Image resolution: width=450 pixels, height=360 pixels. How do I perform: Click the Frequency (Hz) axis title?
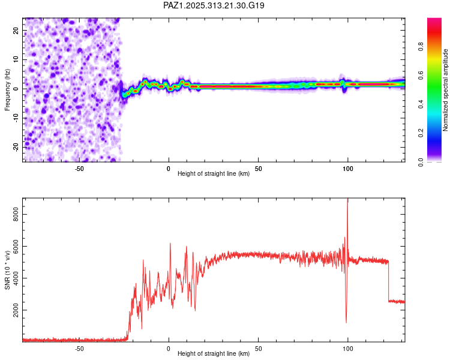point(7,90)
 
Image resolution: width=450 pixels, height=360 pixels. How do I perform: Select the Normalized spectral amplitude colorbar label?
point(446,90)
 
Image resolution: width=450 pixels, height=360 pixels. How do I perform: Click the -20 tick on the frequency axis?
point(16,146)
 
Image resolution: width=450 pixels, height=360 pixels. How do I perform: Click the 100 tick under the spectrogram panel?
point(347,169)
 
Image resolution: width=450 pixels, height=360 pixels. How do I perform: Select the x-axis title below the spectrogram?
point(214,175)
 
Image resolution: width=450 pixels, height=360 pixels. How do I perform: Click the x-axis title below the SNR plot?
point(214,354)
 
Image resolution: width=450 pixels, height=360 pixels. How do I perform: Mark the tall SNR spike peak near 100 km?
point(347,200)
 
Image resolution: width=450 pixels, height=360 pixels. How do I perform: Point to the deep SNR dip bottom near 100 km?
point(346,322)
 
